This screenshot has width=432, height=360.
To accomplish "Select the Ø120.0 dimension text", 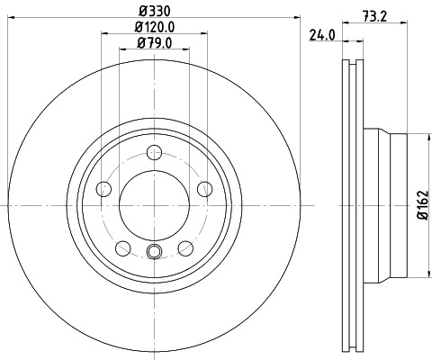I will pos(154,27).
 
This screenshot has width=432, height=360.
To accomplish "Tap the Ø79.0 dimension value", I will pos(154,42).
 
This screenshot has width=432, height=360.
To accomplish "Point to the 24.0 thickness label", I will pos(321,36).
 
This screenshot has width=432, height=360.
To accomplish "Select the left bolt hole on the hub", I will pos(103,189).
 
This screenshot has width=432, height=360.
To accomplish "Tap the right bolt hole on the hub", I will pos(205,188).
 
